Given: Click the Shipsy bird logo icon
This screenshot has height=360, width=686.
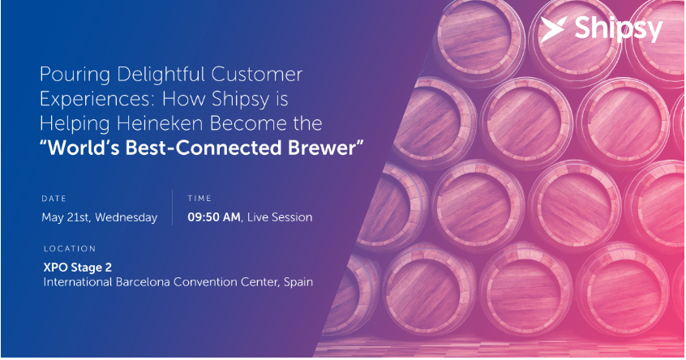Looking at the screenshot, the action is [x=554, y=29].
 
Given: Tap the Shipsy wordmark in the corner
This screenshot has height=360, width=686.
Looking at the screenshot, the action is [x=619, y=30].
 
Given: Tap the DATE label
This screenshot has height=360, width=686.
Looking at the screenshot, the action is [x=54, y=199].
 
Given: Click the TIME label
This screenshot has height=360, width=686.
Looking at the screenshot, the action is [x=199, y=199].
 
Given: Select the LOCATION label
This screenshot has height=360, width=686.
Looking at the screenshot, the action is [x=70, y=249].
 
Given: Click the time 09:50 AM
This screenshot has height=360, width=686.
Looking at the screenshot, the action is [x=214, y=217].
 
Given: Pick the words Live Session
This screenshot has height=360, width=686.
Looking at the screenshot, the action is [x=280, y=217].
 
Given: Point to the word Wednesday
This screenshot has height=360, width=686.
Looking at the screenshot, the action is [x=126, y=218].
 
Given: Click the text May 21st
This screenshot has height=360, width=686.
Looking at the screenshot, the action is [x=66, y=218].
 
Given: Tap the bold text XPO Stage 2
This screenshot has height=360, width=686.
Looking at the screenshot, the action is [x=77, y=268].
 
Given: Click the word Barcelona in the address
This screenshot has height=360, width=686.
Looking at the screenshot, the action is [x=143, y=282].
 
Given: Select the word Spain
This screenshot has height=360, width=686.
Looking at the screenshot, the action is [x=298, y=283].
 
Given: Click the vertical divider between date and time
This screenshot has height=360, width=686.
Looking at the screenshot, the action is [x=173, y=208].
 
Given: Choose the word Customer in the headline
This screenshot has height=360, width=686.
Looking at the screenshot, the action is [x=257, y=75].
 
